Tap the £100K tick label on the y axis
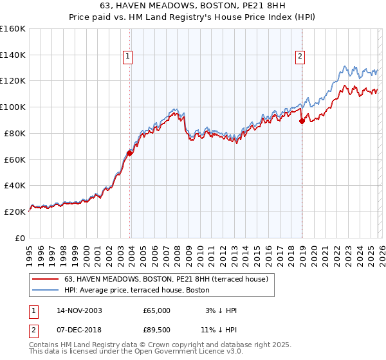click(x=13, y=107)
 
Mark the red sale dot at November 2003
click(x=130, y=153)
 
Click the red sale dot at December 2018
click(x=302, y=121)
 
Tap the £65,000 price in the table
click(x=156, y=310)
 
